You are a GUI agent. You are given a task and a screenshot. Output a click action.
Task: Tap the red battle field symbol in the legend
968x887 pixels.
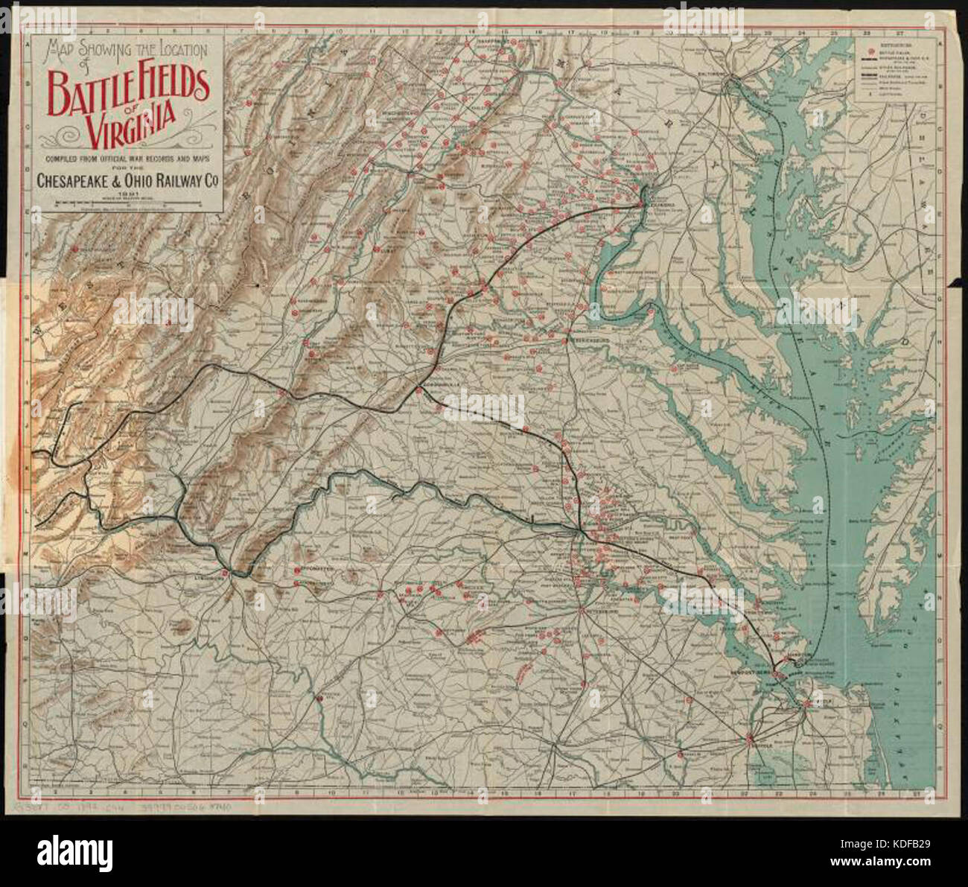(x=870, y=53)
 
